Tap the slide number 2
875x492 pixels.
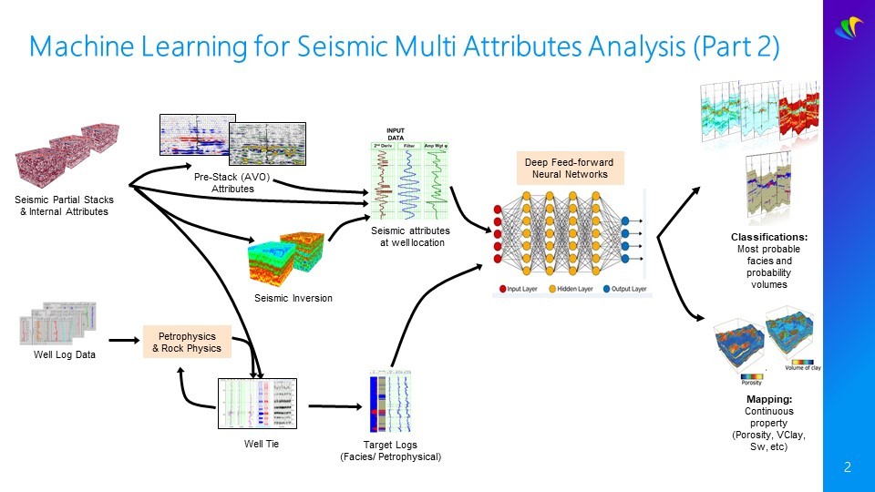pyautogui.click(x=848, y=468)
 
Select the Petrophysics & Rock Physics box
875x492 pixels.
pyautogui.click(x=186, y=342)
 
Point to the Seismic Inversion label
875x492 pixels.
pyautogui.click(x=293, y=298)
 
